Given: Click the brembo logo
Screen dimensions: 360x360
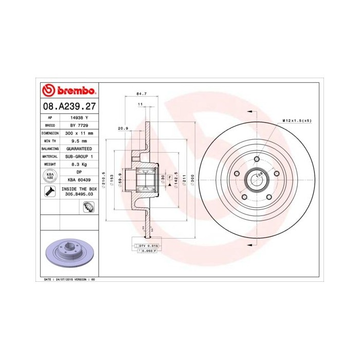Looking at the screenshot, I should [68, 91].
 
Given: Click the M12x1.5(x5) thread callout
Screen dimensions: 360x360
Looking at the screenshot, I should [297, 120].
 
